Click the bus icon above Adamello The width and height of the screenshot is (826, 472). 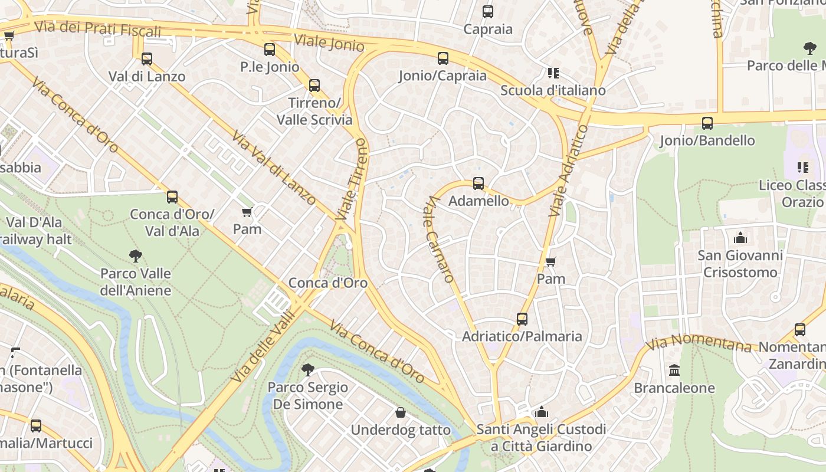(x=478, y=183)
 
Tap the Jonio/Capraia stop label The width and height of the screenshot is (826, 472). (x=442, y=76)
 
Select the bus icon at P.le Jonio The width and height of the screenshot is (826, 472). (x=270, y=50)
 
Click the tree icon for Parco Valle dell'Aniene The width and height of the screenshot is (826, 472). (x=136, y=255)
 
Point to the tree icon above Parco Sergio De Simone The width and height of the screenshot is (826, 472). (x=307, y=370)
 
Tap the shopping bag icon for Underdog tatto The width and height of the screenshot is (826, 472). (x=401, y=412)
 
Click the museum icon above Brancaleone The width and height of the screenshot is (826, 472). (x=674, y=370)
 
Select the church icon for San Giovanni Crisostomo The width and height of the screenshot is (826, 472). (x=740, y=238)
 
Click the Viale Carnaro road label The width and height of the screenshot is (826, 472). (x=440, y=239)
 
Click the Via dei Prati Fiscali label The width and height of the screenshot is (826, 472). (x=97, y=28)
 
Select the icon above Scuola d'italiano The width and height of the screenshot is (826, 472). (x=553, y=73)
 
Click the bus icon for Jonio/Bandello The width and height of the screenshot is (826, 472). (x=707, y=123)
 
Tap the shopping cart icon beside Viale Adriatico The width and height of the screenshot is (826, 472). (x=551, y=261)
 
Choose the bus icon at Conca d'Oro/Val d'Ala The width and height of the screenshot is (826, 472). (x=172, y=197)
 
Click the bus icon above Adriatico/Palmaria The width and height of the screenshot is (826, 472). (x=522, y=319)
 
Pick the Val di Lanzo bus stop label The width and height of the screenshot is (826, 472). (x=147, y=76)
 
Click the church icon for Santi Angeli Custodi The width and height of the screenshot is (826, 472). (x=542, y=412)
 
